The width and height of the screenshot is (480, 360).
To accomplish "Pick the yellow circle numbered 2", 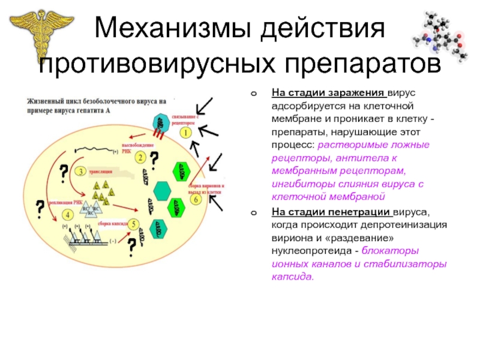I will [x=139, y=158].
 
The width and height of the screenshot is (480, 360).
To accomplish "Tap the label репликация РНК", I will [x=66, y=203].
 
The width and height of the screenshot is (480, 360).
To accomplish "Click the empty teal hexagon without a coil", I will [x=163, y=190].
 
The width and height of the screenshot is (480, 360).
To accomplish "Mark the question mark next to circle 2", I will [x=154, y=160].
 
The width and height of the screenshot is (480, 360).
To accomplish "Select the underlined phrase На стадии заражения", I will [x=328, y=94].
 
